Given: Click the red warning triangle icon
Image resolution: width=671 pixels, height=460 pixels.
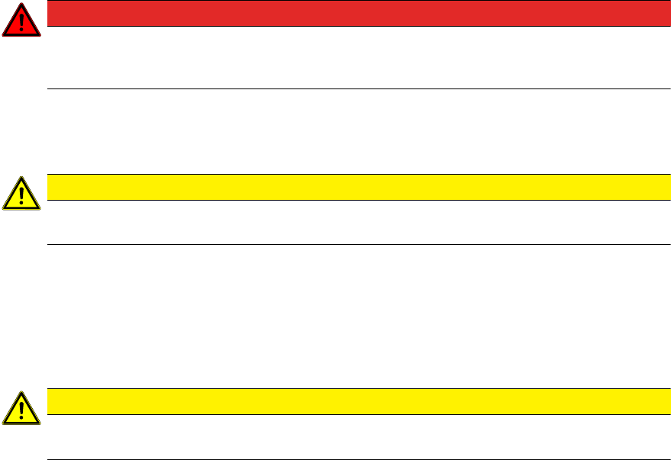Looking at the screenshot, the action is (x=21, y=21).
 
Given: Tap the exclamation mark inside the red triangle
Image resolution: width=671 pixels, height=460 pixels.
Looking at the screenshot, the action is (x=21, y=22).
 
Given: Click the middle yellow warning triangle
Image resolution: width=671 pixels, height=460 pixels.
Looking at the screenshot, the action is (x=21, y=195).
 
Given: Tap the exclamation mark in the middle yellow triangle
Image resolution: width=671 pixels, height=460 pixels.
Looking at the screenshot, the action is (x=21, y=196).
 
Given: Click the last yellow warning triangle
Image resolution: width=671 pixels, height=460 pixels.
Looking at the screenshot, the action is (x=21, y=409).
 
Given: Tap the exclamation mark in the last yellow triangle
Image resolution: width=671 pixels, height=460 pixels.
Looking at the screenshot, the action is (x=21, y=410).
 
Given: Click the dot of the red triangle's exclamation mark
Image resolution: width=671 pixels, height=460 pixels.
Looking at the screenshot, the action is (x=21, y=31).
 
